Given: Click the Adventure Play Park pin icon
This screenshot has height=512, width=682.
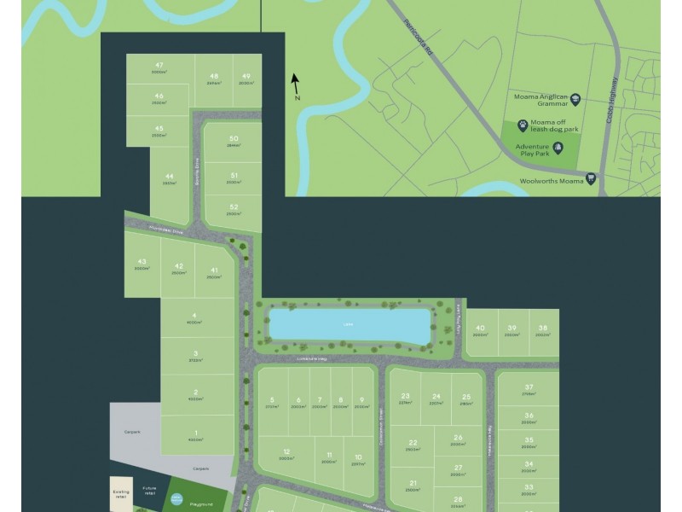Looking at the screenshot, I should (558, 149).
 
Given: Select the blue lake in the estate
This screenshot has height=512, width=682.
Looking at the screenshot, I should (349, 324).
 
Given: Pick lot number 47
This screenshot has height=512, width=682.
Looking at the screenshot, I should (159, 66).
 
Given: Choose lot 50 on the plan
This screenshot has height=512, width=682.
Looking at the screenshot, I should (233, 138).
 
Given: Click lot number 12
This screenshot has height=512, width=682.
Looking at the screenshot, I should (286, 451).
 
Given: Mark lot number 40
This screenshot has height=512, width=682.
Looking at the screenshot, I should (480, 328).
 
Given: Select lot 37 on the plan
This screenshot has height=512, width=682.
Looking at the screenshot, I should (529, 387).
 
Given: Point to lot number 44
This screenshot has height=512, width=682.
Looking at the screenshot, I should (169, 176).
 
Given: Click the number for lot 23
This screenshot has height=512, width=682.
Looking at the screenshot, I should (405, 396).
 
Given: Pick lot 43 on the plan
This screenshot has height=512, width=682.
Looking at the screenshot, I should (142, 262).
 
